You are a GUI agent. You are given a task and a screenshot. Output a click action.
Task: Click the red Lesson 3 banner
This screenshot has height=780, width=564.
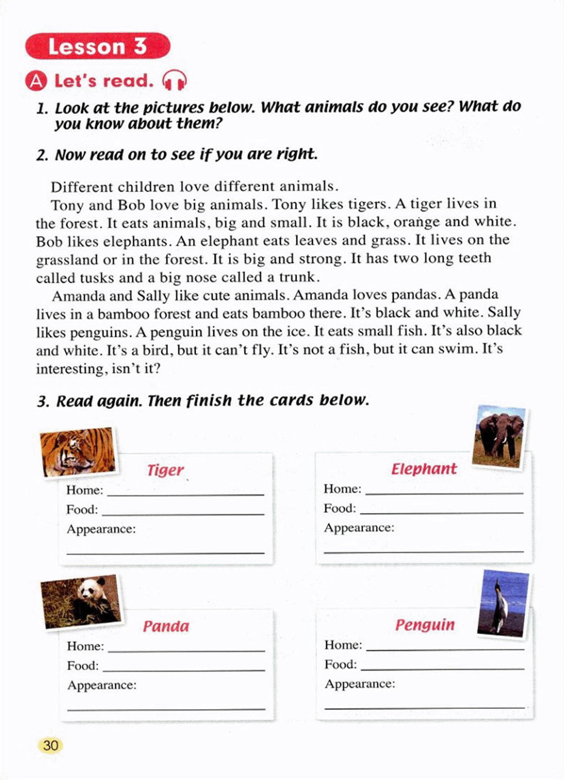pos(97,46)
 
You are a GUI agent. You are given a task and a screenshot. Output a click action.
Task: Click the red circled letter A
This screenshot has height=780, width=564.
pos(36,81)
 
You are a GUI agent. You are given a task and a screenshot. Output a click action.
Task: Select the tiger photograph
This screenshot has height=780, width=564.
pos(78,451)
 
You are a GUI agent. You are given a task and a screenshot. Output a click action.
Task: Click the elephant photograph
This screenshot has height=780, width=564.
pos(498,436)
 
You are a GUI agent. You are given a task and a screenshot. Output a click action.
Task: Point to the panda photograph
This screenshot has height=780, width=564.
pos(82,601)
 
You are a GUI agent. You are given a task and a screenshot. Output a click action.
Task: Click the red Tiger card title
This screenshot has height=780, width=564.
pos(165,470)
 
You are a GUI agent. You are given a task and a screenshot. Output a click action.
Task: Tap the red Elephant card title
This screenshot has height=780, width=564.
pos(424,469)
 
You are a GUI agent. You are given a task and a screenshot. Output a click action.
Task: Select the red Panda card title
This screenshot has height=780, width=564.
pos(166,626)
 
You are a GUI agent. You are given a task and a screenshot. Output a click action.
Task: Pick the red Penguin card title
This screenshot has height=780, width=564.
pos(425,625)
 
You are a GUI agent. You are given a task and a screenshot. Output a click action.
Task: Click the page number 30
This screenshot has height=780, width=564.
pos(50,746)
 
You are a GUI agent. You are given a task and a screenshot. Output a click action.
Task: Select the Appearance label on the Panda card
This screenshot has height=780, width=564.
pos(102,685)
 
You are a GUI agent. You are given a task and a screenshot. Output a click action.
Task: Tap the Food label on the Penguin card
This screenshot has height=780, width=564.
pos(340,664)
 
